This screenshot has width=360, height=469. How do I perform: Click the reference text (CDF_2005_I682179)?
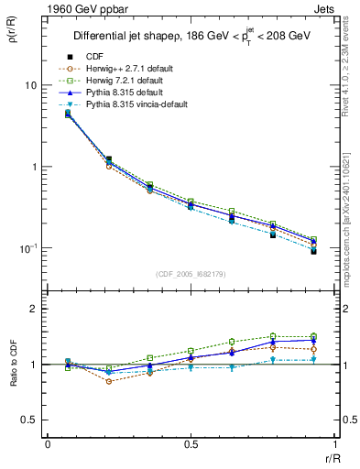click(191, 274)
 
